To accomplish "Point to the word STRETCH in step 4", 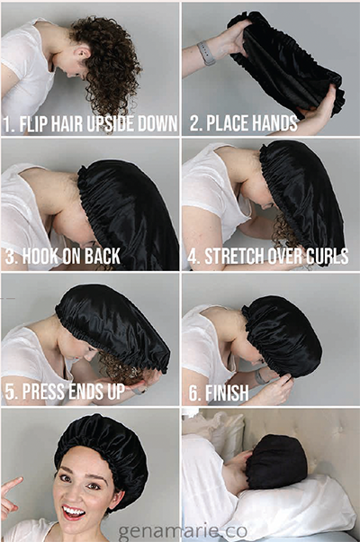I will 237,257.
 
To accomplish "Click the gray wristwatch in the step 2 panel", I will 206,53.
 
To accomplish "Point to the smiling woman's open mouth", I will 76,511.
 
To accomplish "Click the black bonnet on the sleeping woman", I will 275,461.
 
